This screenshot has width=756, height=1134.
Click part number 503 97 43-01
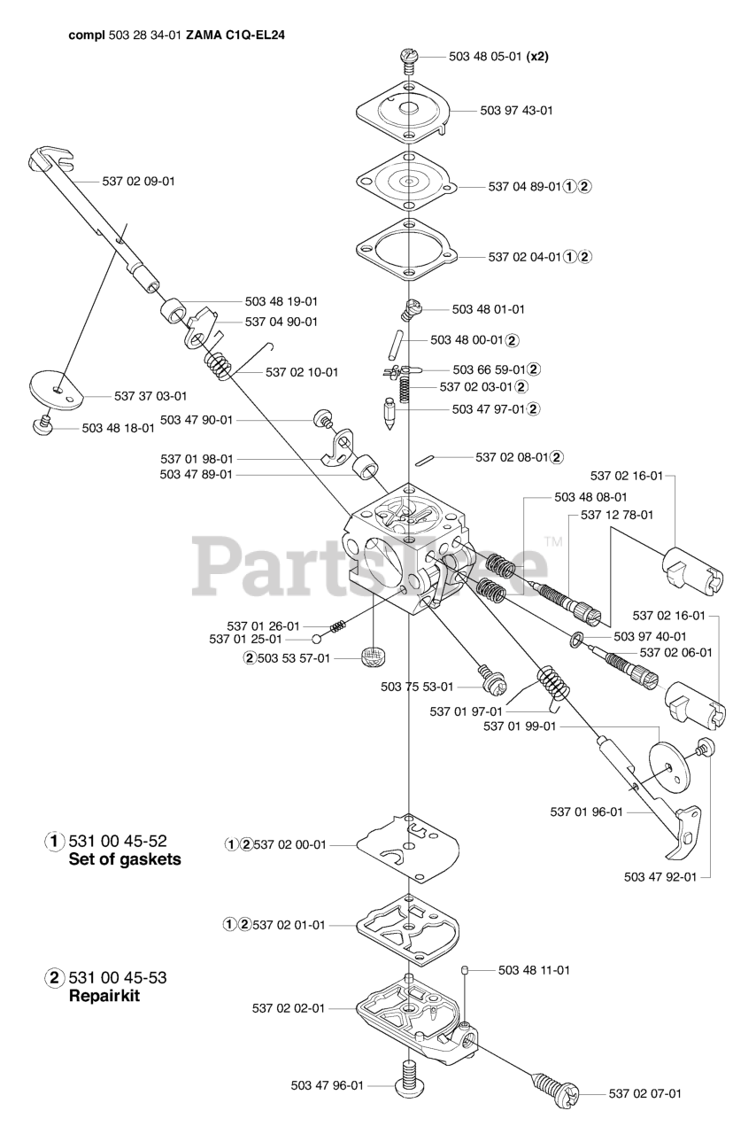click(x=516, y=111)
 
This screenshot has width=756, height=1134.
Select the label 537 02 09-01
click(x=139, y=182)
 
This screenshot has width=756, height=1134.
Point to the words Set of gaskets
click(x=125, y=859)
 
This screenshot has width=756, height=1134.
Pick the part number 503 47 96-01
click(x=327, y=1085)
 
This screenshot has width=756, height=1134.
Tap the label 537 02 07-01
click(x=645, y=1094)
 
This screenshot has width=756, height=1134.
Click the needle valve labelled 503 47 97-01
click(x=388, y=416)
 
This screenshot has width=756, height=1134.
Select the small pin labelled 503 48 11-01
click(x=465, y=972)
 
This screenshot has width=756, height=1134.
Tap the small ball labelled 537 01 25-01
click(x=316, y=639)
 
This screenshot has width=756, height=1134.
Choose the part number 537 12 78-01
click(x=617, y=515)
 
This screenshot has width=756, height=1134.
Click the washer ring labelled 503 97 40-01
click(x=577, y=638)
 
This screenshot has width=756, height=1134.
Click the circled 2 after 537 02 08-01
click(x=556, y=457)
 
